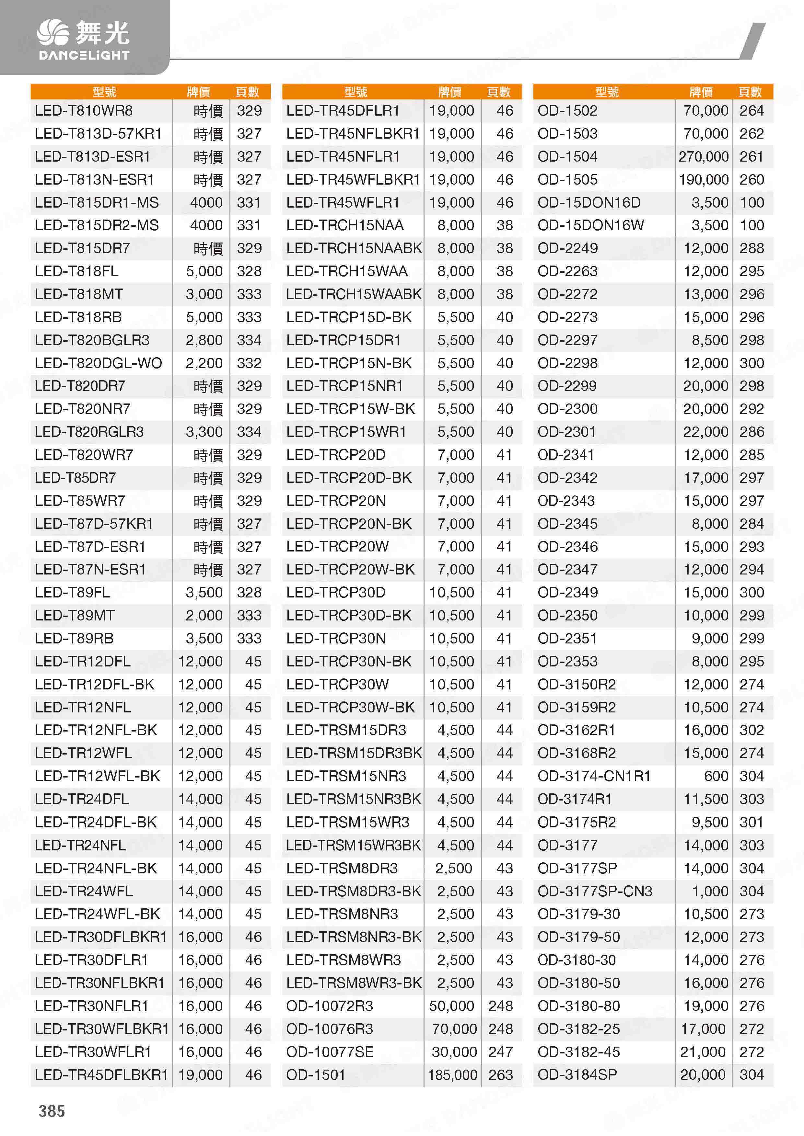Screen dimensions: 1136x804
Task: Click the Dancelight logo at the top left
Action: (x=83, y=40)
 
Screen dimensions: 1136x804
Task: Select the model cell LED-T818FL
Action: (x=77, y=271)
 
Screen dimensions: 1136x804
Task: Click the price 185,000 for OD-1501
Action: (x=452, y=1075)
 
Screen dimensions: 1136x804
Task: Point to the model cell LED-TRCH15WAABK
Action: (x=354, y=294)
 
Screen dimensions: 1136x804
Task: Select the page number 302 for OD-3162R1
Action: (x=751, y=730)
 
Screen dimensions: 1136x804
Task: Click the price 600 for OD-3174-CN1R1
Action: (x=716, y=776)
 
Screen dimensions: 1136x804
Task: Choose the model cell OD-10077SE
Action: (x=330, y=1051)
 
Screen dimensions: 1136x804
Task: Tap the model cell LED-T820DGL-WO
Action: (x=98, y=363)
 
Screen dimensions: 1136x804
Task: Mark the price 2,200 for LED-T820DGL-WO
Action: (x=204, y=363)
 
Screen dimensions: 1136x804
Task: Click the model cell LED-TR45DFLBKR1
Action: (x=101, y=1075)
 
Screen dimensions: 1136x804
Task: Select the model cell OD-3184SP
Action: (x=577, y=1075)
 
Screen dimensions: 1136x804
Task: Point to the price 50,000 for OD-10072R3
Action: (x=451, y=1006)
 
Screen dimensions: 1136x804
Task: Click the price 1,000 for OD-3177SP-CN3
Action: (x=710, y=891)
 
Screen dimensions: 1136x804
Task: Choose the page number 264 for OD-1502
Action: (x=751, y=111)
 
